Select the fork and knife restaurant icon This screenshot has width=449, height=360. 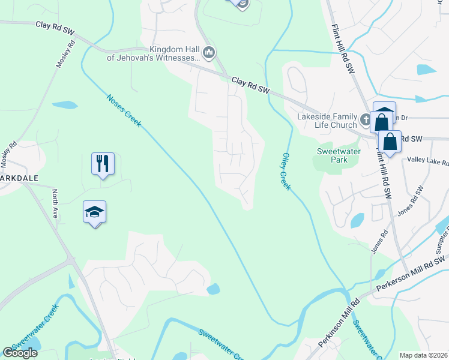(103, 163)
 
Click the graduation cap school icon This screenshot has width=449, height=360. (94, 212)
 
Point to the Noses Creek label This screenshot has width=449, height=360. (124, 111)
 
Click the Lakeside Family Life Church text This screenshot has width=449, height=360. (327, 121)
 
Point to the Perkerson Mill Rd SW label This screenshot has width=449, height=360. (412, 274)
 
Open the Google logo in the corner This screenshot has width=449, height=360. (20, 353)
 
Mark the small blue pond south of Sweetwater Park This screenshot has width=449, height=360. (357, 220)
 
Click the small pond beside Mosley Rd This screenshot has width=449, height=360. (65, 105)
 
